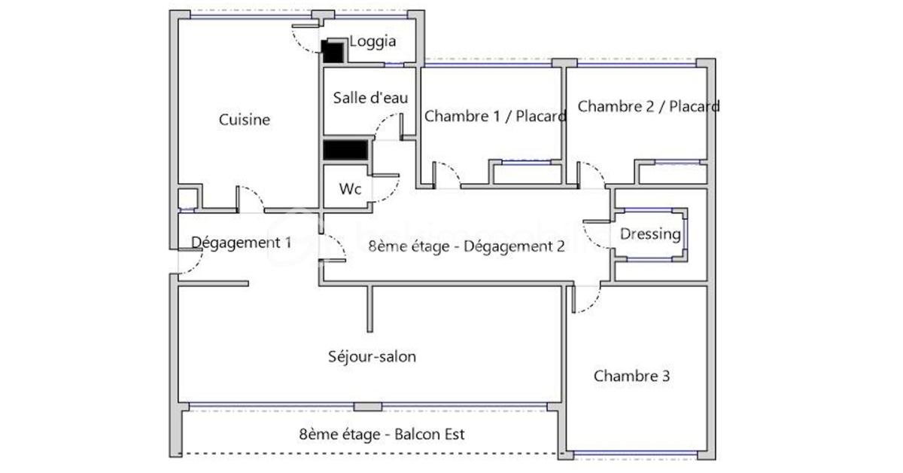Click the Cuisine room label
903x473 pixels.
click(x=245, y=120)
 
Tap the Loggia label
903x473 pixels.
click(x=372, y=41)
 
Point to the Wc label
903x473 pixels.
click(x=350, y=189)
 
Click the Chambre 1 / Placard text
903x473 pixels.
click(x=495, y=116)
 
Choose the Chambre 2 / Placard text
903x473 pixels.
click(x=648, y=106)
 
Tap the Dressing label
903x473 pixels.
click(x=650, y=234)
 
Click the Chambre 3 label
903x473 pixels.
click(x=631, y=376)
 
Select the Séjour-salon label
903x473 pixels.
click(x=372, y=356)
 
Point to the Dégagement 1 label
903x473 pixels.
click(x=241, y=243)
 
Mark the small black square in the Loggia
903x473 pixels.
click(x=332, y=51)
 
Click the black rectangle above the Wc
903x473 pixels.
click(x=345, y=149)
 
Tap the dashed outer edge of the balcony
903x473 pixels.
click(x=369, y=453)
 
